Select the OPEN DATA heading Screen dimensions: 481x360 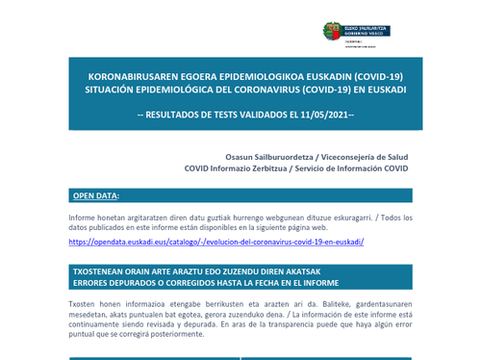94,196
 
